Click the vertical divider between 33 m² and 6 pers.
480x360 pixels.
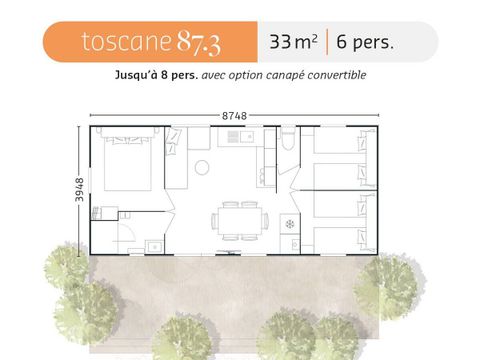coord(327,42)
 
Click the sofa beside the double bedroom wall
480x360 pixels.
coord(175,160)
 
